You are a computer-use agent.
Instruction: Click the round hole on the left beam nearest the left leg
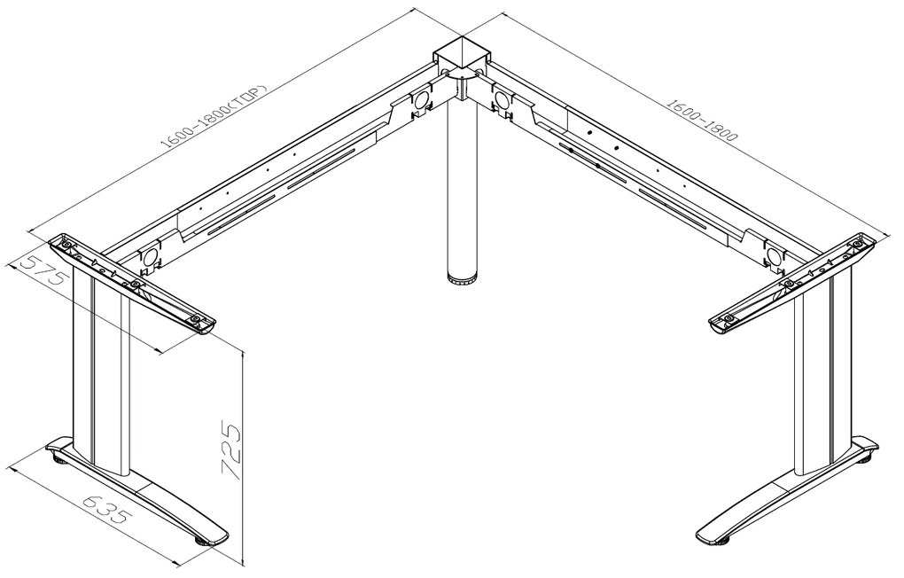[x=149, y=256]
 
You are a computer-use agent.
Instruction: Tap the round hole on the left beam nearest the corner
[x=419, y=102]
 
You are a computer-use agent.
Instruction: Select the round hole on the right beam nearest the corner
[x=503, y=100]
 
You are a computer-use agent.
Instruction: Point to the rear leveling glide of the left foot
[x=58, y=457]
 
